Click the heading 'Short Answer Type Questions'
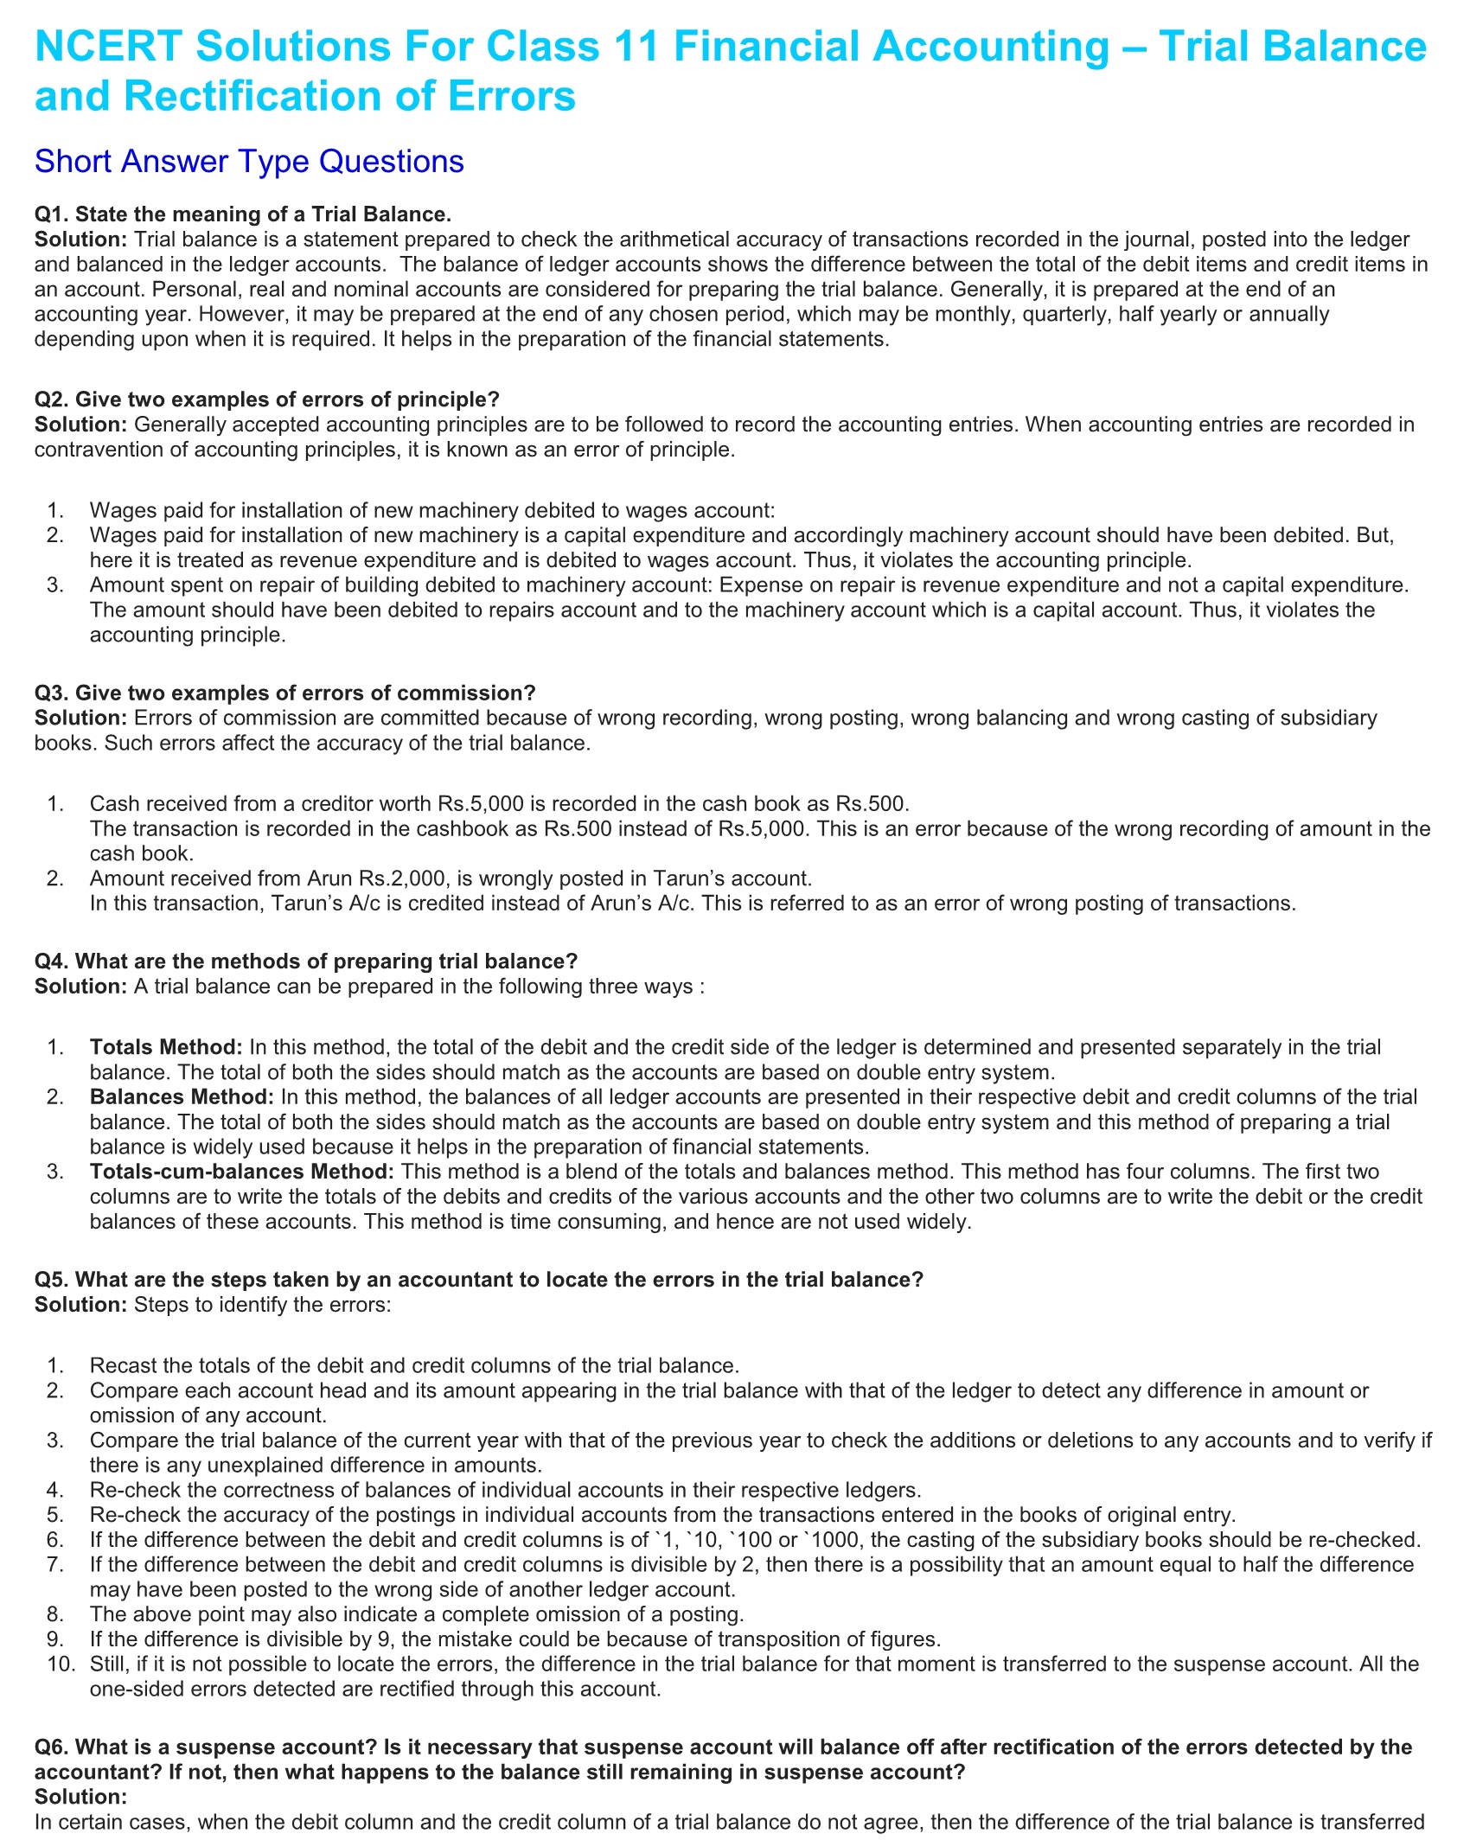[x=249, y=162]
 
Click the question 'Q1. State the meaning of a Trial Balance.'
[x=243, y=214]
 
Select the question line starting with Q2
[x=267, y=399]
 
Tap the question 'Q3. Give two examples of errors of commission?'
[x=285, y=693]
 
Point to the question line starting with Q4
[x=306, y=962]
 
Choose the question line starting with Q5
[x=479, y=1280]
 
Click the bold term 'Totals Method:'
[x=166, y=1047]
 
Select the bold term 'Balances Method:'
[x=182, y=1097]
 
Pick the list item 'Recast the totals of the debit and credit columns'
[x=414, y=1365]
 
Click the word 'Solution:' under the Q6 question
[x=80, y=1797]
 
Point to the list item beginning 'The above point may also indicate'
[x=416, y=1614]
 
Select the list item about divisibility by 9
[x=514, y=1639]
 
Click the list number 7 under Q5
[x=56, y=1564]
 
